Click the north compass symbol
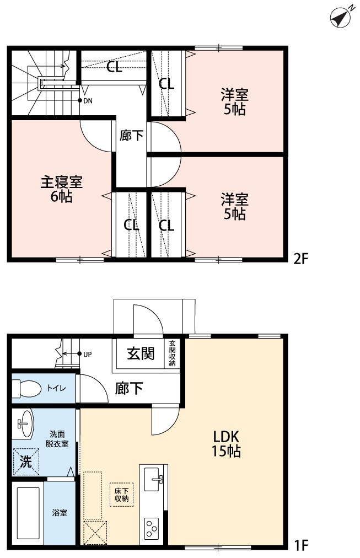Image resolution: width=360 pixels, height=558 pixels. pyautogui.click(x=340, y=18)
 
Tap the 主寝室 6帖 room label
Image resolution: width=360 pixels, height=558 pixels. pyautogui.click(x=62, y=189)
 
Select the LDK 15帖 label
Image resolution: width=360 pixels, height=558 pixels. pyautogui.click(x=226, y=444)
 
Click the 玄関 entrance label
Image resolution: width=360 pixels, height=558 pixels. pyautogui.click(x=140, y=353)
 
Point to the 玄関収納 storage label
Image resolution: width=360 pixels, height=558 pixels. pyautogui.click(x=173, y=353)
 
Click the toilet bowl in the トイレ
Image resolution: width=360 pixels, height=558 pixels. pyautogui.click(x=29, y=389)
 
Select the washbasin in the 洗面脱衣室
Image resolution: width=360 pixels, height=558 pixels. pyautogui.click(x=24, y=424)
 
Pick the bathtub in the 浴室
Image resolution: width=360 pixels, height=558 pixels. pyautogui.click(x=28, y=513)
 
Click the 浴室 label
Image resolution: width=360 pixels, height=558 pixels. pyautogui.click(x=60, y=513)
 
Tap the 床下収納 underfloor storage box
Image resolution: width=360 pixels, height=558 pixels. pyautogui.click(x=121, y=494)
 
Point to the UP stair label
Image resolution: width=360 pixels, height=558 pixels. pyautogui.click(x=87, y=353)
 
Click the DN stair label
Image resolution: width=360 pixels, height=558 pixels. pyautogui.click(x=88, y=100)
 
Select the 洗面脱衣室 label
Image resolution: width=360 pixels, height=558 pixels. pyautogui.click(x=57, y=439)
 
